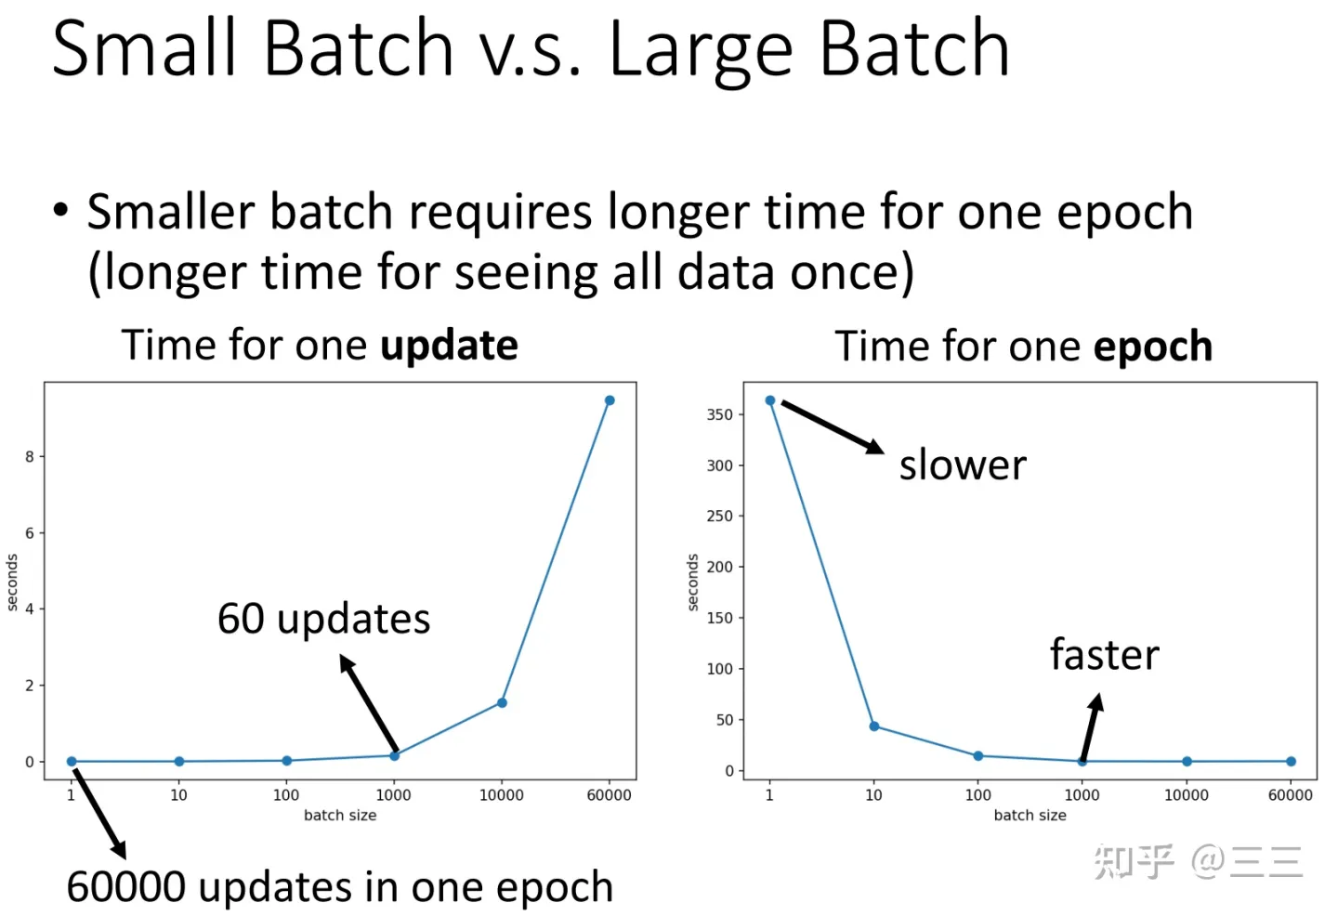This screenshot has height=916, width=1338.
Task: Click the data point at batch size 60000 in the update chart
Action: click(610, 400)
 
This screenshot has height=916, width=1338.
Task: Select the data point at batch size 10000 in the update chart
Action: click(502, 702)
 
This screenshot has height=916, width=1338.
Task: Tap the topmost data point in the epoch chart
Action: click(770, 400)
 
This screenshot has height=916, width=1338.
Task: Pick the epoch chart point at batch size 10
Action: click(873, 726)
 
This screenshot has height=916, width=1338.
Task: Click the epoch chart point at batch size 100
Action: click(977, 756)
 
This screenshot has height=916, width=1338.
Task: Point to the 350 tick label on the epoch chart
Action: click(719, 414)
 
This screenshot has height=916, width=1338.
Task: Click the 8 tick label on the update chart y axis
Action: click(30, 457)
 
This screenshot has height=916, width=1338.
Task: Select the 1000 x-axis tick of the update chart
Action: click(393, 795)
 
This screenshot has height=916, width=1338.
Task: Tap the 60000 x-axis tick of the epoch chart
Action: click(1291, 795)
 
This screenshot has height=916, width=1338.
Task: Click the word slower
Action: click(963, 465)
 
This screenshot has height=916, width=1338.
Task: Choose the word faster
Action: click(1105, 654)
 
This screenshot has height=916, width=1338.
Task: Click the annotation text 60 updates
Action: click(323, 619)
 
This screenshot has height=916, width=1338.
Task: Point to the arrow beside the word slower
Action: click(833, 427)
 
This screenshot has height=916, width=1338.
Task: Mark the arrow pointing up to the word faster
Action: click(1092, 726)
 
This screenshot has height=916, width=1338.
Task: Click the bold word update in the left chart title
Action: click(449, 346)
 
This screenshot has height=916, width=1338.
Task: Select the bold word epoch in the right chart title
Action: click(1153, 346)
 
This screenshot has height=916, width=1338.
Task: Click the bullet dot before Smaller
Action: click(61, 209)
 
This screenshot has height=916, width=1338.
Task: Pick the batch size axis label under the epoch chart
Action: click(1030, 815)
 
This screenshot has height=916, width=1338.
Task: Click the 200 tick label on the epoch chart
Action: click(719, 567)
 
